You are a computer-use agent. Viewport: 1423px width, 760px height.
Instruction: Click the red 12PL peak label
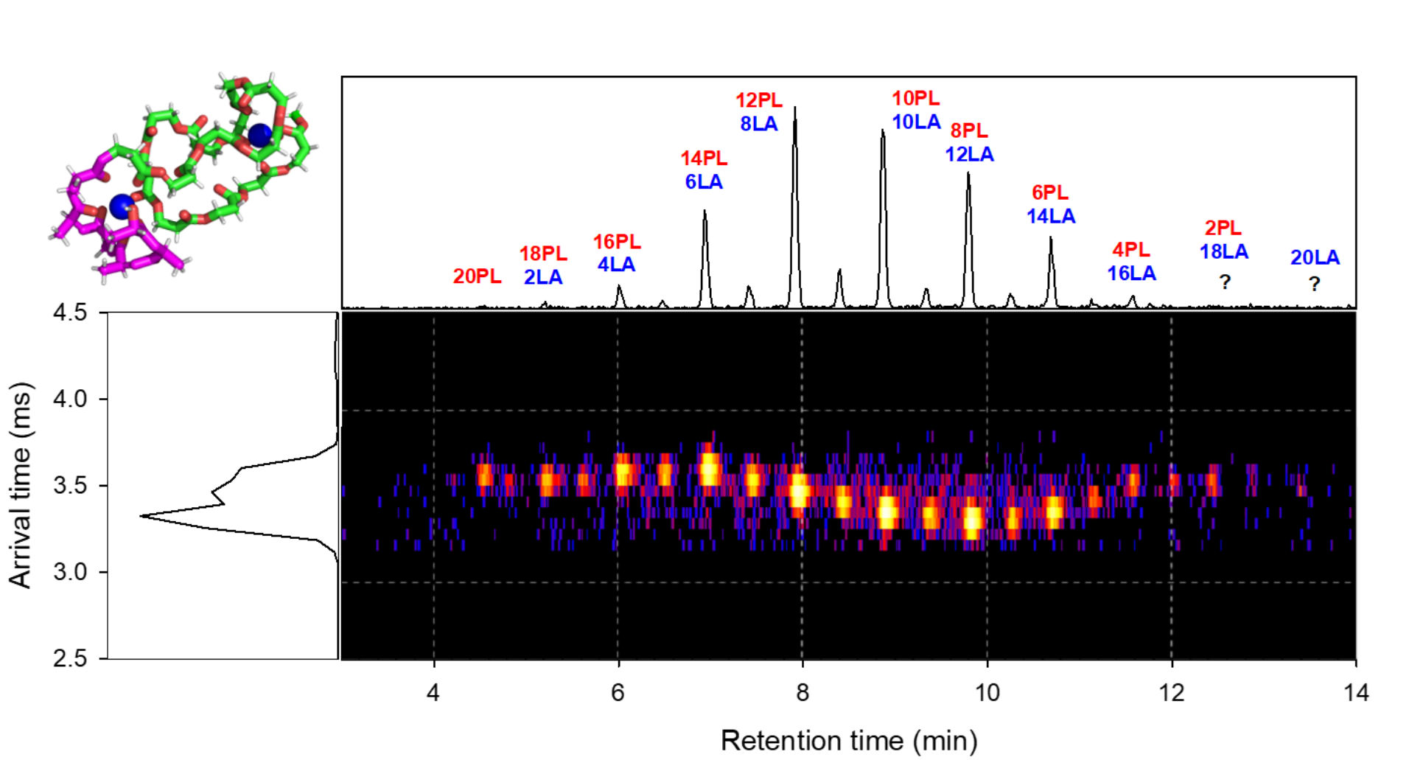[x=758, y=100]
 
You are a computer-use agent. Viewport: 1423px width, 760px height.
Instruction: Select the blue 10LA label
[x=916, y=122]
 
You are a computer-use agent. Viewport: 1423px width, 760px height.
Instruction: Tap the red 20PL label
[x=477, y=276]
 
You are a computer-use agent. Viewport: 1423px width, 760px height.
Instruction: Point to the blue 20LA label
[x=1315, y=258]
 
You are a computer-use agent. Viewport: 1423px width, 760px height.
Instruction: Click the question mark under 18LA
[x=1224, y=282]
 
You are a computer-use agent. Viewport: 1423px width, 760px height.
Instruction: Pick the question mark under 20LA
[x=1314, y=284]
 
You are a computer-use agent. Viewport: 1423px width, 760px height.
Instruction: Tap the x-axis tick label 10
[x=987, y=693]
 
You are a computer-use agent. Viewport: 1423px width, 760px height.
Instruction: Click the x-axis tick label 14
[x=1355, y=693]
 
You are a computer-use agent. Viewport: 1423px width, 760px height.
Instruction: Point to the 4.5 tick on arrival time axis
[x=70, y=313]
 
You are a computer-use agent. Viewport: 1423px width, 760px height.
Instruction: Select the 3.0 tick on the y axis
[x=70, y=572]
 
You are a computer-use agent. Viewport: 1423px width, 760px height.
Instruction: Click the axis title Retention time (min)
[x=848, y=740]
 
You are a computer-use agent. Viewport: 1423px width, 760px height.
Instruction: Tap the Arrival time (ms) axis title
[x=21, y=485]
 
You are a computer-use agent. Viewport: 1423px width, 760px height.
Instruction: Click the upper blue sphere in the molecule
[x=259, y=135]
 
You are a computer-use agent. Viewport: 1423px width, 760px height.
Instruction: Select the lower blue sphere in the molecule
[x=122, y=206]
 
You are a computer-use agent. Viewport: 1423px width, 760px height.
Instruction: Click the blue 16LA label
[x=1131, y=273]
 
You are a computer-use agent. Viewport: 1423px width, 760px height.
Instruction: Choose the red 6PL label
[x=1049, y=193]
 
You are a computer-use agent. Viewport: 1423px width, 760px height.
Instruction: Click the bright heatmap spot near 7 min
[x=709, y=470]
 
